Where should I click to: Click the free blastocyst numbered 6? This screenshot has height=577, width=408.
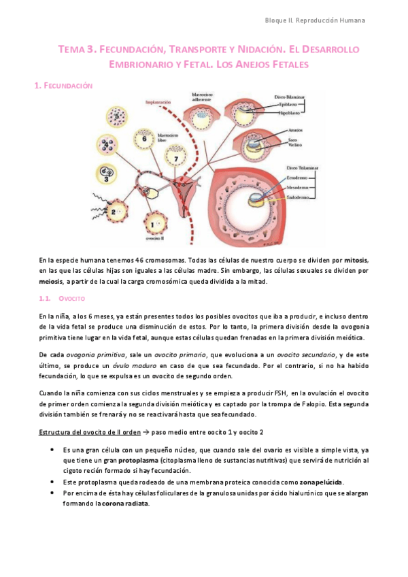point(145,138)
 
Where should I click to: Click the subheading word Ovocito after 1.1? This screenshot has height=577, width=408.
point(71,299)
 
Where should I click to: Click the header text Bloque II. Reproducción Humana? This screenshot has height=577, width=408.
point(315,20)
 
